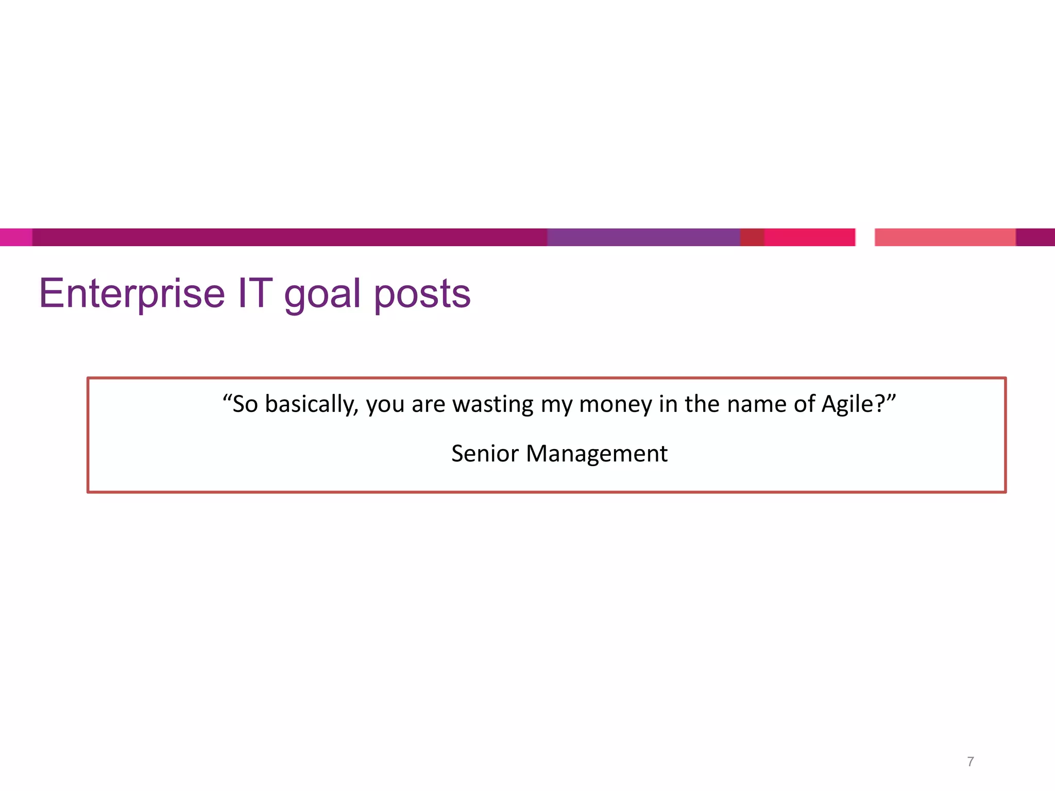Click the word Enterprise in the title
click(x=132, y=294)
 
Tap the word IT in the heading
click(x=255, y=294)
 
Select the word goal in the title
click(x=322, y=295)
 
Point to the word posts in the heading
click(x=422, y=295)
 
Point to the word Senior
click(x=485, y=454)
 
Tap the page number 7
click(x=971, y=762)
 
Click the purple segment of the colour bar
click(x=643, y=237)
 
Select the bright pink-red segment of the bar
click(x=809, y=237)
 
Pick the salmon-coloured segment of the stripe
click(x=945, y=237)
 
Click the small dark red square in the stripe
click(x=752, y=237)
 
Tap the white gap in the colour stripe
click(x=865, y=237)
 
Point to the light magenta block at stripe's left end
click(x=16, y=237)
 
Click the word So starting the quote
click(x=245, y=404)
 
